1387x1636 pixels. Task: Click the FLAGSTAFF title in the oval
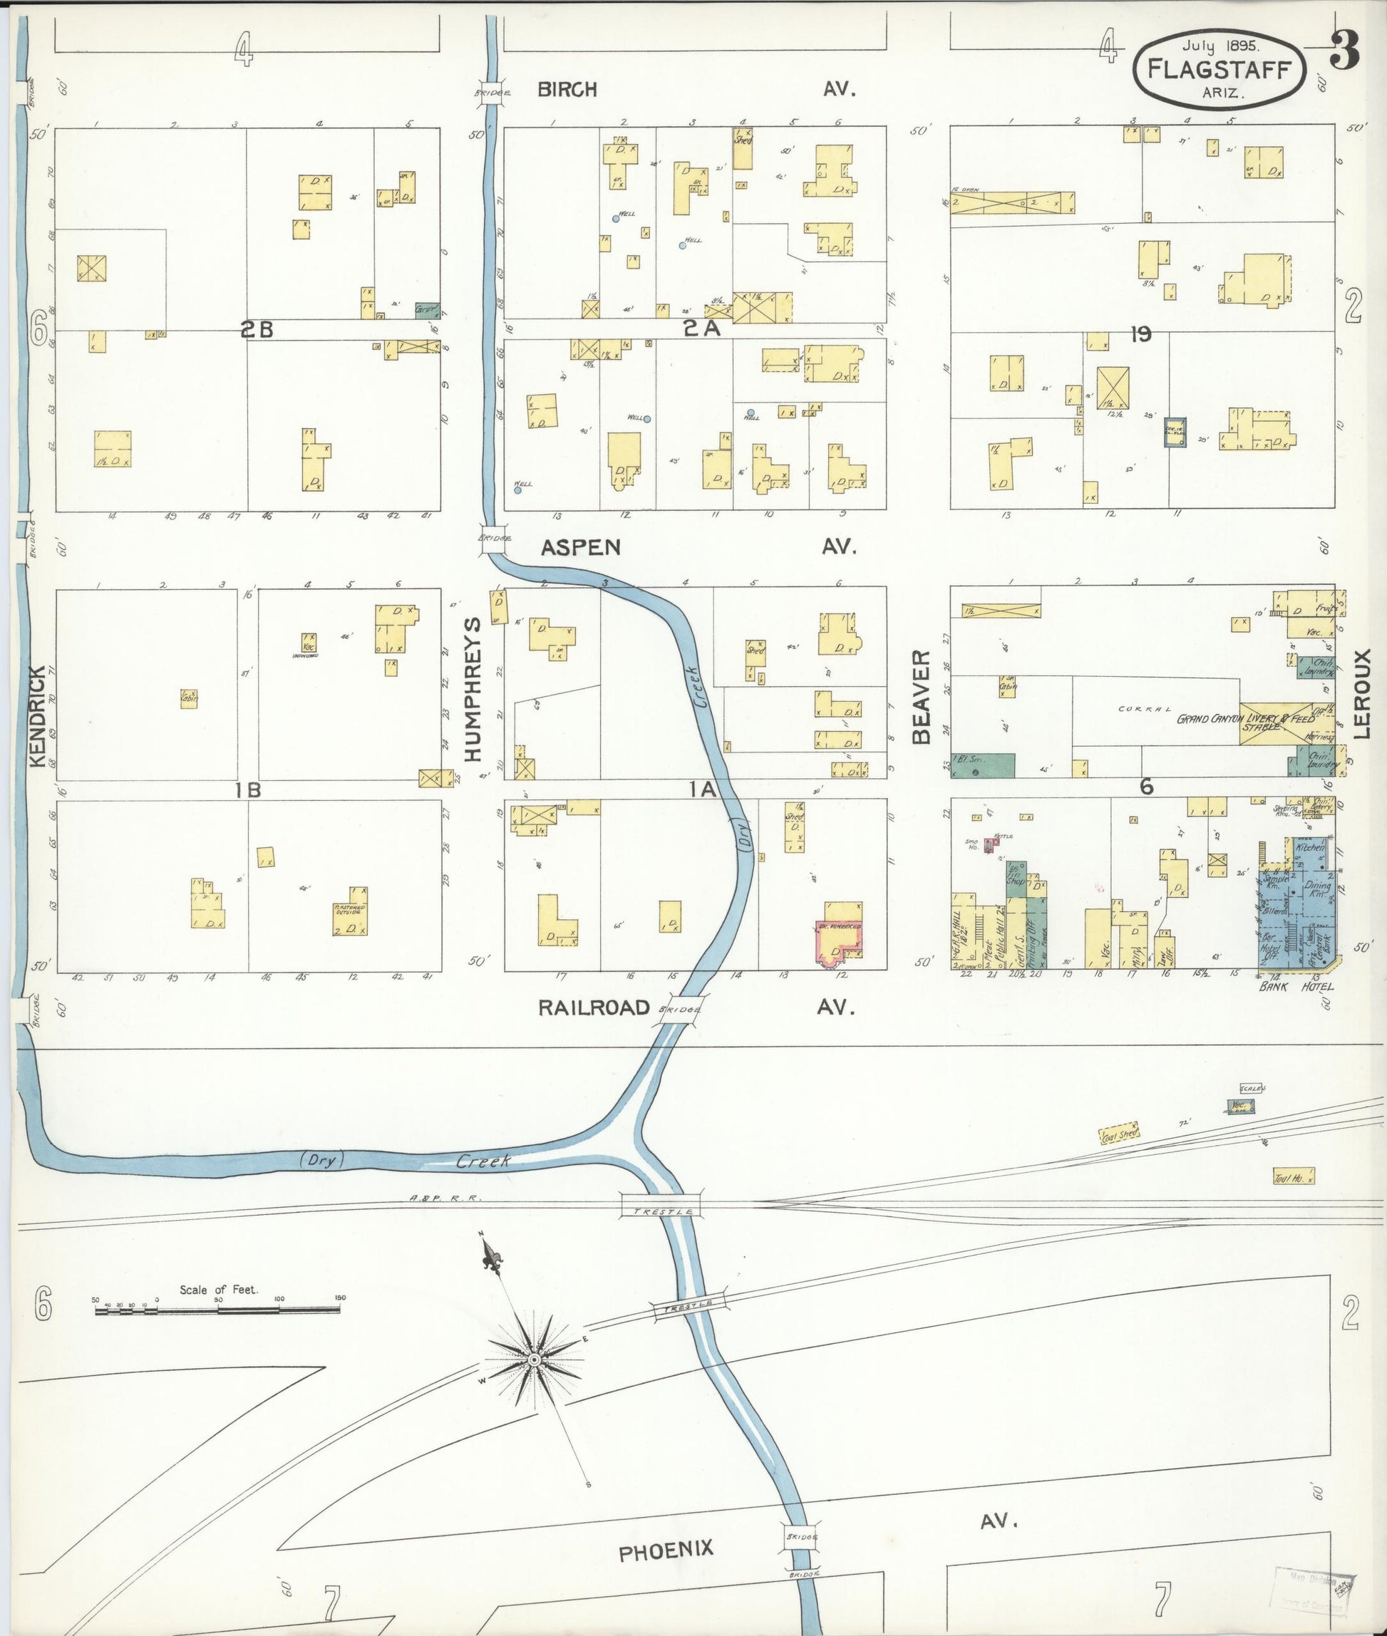tap(1219, 69)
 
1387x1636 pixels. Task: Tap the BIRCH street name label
tap(567, 90)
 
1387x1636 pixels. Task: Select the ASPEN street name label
tap(581, 547)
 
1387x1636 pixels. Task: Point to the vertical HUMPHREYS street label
tap(472, 689)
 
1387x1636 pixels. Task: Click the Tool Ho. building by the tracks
tap(1294, 1176)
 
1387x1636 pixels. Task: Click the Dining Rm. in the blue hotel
tap(1317, 889)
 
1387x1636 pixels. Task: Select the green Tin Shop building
tap(1016, 877)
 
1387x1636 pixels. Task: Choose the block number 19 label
tap(1140, 335)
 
